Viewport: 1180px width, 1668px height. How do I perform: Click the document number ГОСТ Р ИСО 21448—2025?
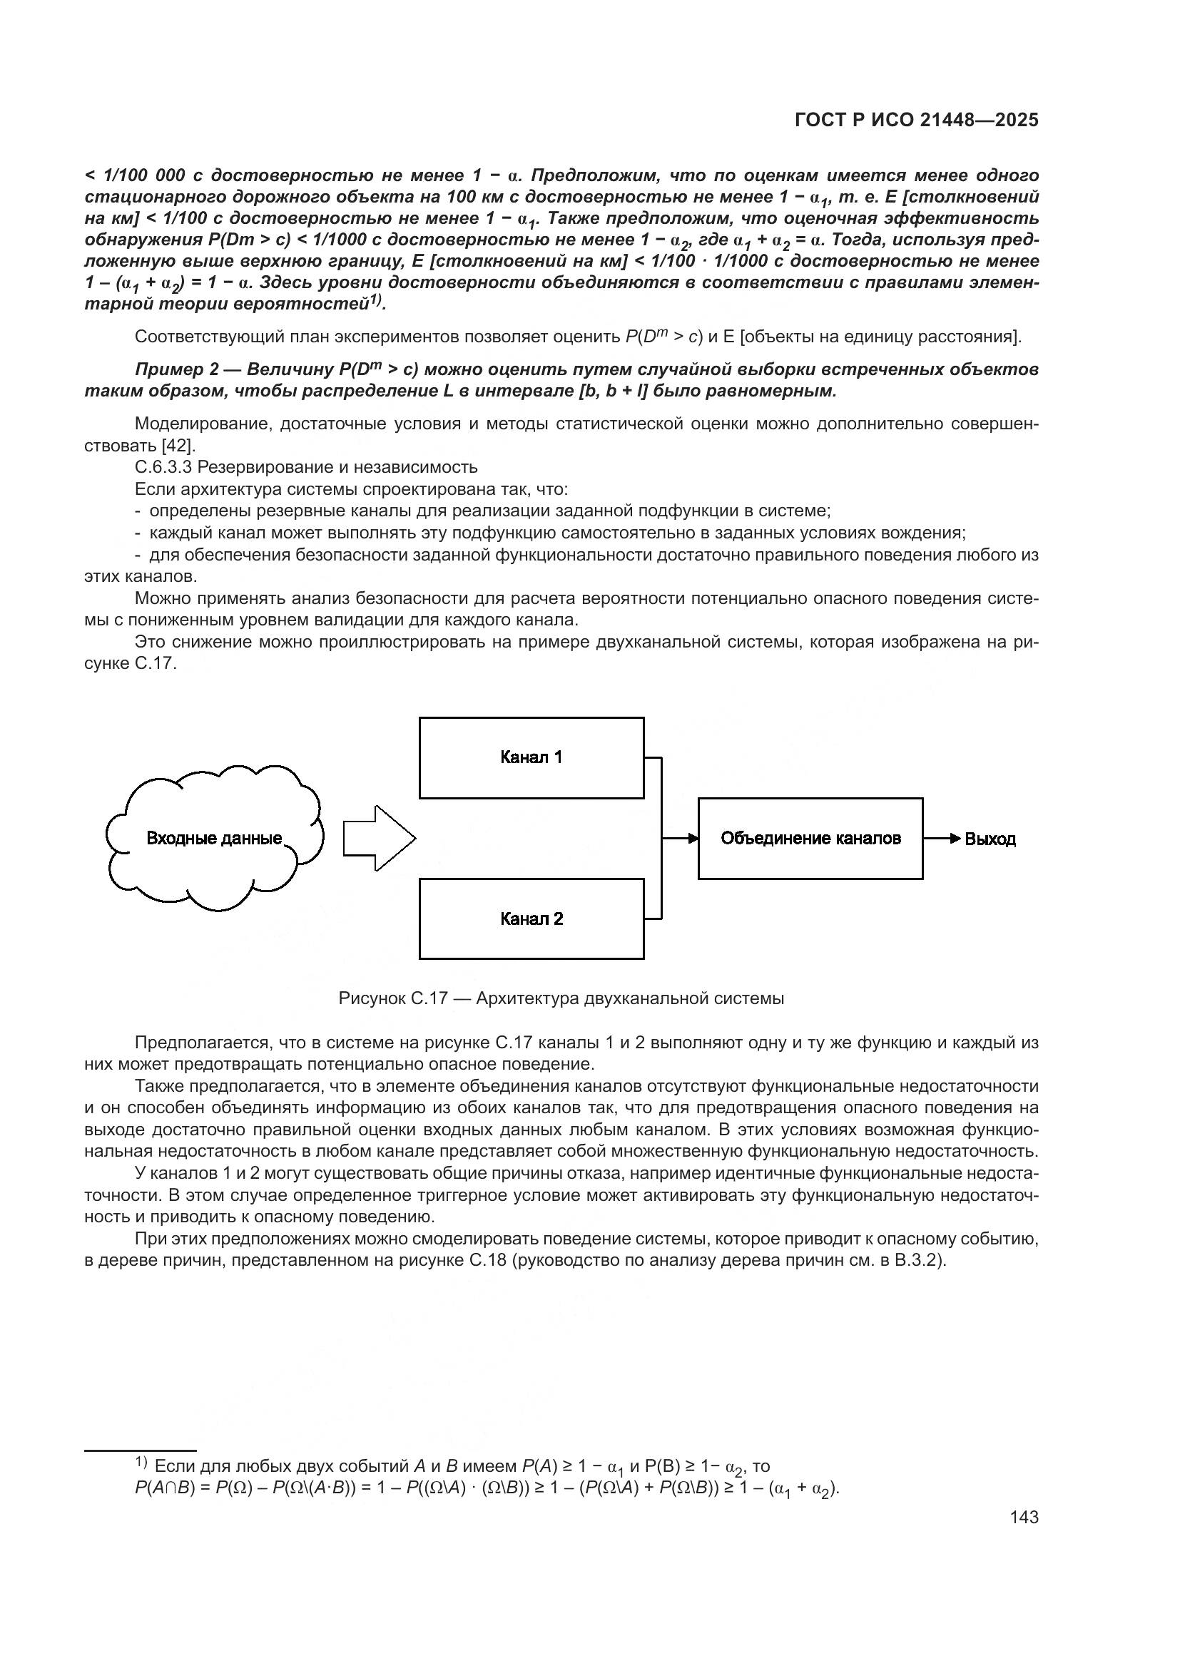coord(916,120)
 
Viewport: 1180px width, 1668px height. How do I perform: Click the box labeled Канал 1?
coord(531,758)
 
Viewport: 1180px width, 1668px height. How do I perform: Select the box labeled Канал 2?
coord(531,919)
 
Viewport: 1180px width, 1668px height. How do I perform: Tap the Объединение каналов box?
coord(810,839)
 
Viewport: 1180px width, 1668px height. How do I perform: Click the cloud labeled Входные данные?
coord(214,839)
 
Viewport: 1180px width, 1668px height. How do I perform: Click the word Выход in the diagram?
coord(990,839)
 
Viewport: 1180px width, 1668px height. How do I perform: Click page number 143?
coord(1024,1517)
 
